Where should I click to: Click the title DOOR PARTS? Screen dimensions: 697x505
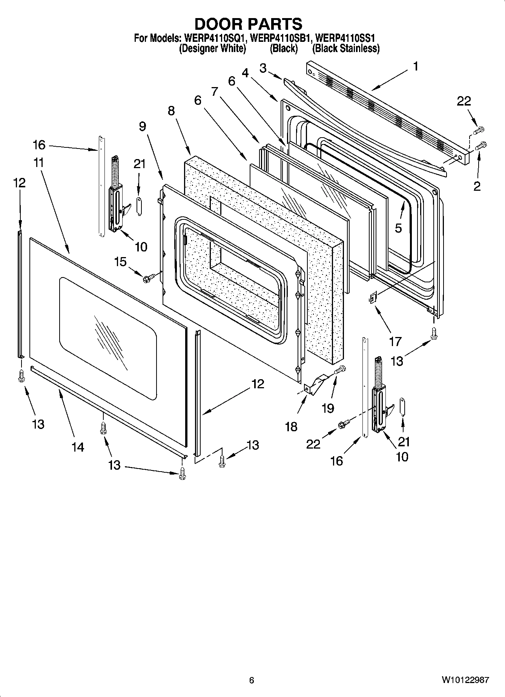[248, 24]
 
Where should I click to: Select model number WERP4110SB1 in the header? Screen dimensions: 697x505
[281, 38]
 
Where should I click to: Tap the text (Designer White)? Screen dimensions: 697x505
[212, 48]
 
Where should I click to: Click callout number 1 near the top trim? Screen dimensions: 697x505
[415, 67]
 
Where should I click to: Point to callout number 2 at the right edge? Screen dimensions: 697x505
[477, 186]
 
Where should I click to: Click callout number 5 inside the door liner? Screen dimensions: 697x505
[398, 228]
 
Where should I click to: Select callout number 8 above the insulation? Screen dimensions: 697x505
[171, 110]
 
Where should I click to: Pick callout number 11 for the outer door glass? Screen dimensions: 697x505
[38, 163]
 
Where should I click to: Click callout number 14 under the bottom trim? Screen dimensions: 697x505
[78, 447]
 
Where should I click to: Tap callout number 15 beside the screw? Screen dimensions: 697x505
[120, 262]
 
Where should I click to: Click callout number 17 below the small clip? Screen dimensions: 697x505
[395, 342]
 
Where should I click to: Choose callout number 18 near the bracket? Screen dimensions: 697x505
[292, 427]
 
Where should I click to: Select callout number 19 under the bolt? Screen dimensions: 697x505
[328, 408]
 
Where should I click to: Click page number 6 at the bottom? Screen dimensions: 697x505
[252, 680]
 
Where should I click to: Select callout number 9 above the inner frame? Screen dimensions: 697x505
[142, 126]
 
